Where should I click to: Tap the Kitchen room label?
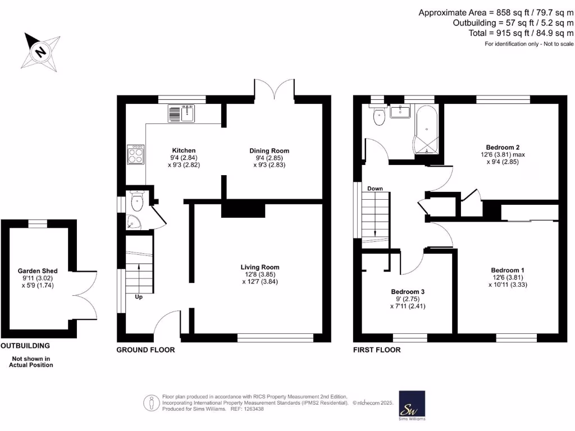click(184, 150)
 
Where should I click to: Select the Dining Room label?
click(270, 151)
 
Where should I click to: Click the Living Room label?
click(260, 267)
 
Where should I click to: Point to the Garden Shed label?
click(38, 271)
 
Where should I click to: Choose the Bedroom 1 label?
click(508, 270)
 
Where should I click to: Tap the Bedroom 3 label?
click(408, 292)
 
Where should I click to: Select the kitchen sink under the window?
click(181, 114)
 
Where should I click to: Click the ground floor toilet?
click(137, 199)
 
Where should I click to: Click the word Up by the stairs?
click(138, 297)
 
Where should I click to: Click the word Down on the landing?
click(375, 189)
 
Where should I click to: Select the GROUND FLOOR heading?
click(145, 350)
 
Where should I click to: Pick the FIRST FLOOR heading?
click(377, 350)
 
